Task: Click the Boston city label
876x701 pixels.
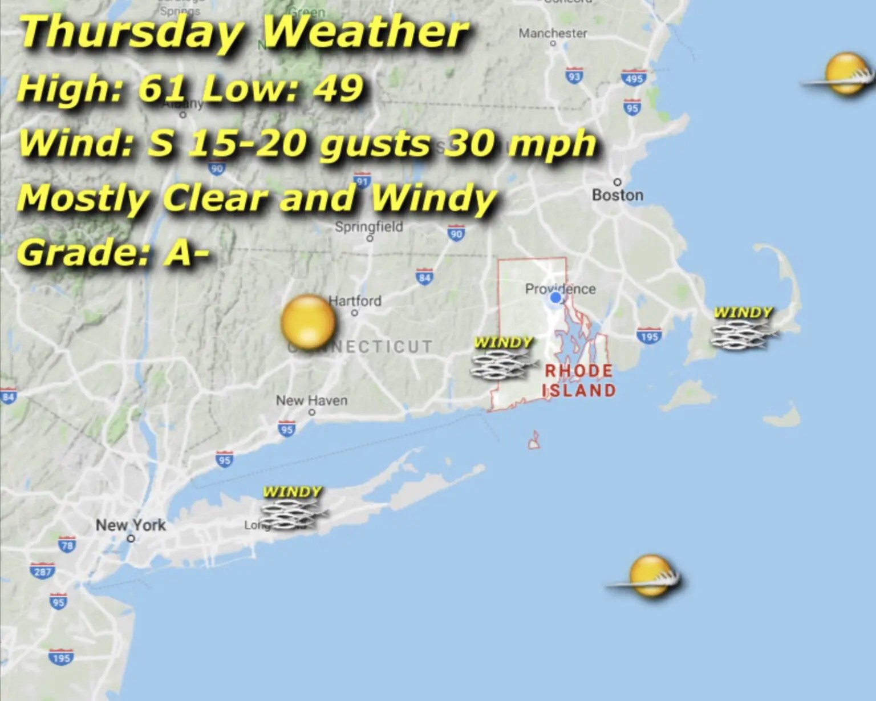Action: coord(617,195)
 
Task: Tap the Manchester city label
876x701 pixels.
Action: coord(552,34)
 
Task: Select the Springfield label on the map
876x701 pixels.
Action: coord(368,226)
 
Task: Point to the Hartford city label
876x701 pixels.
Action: coord(355,301)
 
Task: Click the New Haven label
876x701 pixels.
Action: coord(311,400)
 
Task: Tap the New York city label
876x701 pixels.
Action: coord(131,525)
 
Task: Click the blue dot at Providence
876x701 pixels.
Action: coord(555,297)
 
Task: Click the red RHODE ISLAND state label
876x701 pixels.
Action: coord(579,380)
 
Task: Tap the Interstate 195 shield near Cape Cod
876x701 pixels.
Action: coord(648,336)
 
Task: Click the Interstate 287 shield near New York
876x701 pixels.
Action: coord(43,571)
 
